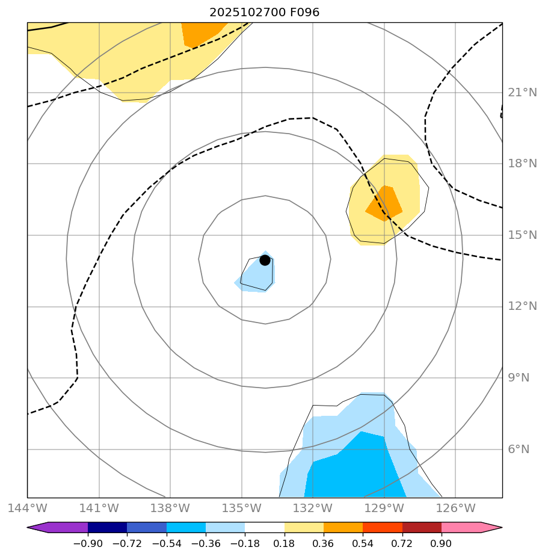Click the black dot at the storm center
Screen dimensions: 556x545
coord(265,260)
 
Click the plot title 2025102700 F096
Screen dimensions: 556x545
coord(265,13)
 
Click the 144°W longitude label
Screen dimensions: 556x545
coord(27,508)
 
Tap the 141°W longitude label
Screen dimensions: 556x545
coord(98,508)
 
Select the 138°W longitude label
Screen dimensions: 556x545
coord(170,508)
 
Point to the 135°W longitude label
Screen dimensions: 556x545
coord(241,508)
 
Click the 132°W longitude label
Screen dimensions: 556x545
coord(313,508)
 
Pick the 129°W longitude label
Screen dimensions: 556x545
coord(384,508)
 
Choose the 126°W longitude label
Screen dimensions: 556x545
coord(455,508)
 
